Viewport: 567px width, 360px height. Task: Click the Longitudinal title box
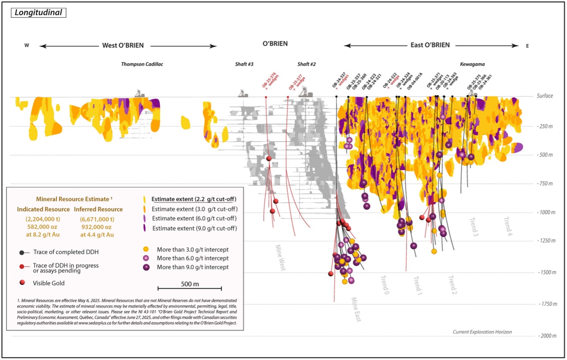coord(38,12)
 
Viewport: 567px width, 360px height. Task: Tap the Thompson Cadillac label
coord(142,64)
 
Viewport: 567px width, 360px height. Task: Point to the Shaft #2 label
coord(306,64)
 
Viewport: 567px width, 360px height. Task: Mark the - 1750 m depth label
coord(542,304)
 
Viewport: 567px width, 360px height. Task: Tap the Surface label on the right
coord(545,96)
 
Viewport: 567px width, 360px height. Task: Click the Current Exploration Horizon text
coord(482,332)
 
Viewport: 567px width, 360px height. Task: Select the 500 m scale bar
coord(190,288)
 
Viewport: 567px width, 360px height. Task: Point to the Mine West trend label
coord(281,258)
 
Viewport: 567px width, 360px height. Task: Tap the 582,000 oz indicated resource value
coord(43,227)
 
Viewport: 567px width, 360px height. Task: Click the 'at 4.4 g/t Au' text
coord(95,235)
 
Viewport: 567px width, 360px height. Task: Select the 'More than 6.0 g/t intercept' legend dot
coord(146,258)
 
